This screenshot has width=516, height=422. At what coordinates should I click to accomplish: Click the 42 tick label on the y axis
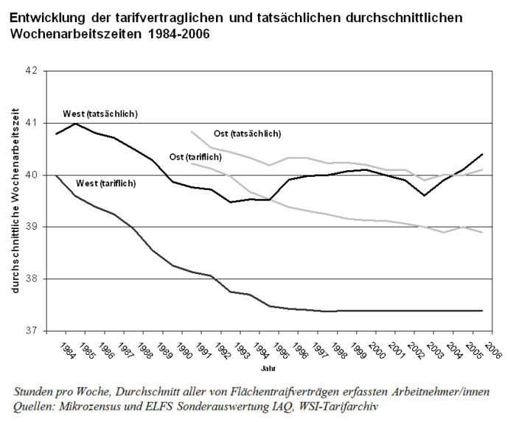coord(32,71)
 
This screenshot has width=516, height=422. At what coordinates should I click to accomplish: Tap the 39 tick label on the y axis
coord(32,227)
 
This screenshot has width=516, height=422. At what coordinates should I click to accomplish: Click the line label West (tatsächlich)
coord(100,113)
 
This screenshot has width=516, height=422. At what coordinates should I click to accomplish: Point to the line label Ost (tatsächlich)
coord(248,133)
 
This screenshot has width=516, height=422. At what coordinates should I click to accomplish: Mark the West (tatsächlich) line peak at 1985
coord(74,123)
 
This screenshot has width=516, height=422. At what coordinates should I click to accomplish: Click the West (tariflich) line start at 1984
coord(56,175)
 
